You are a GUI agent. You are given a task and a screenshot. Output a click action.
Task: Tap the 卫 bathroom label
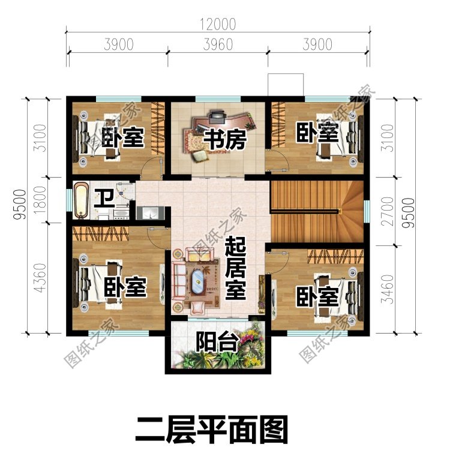click(x=104, y=197)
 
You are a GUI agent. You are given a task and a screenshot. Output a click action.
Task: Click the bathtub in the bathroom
click(x=81, y=202)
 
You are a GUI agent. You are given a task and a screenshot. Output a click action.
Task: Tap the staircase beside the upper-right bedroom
click(x=317, y=210)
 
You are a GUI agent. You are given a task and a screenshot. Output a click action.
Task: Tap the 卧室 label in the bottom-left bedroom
click(x=125, y=287)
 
